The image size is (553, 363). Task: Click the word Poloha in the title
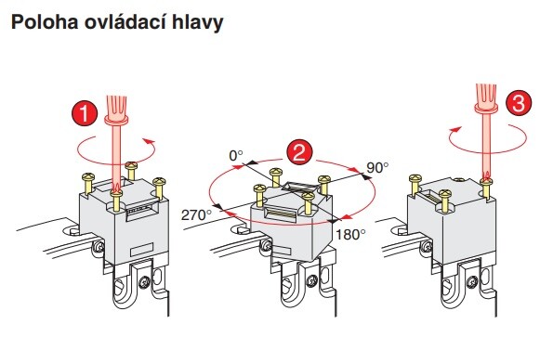(45, 22)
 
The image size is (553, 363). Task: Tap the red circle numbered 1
(85, 113)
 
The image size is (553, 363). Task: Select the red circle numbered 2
(299, 153)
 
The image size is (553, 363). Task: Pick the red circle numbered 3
(519, 103)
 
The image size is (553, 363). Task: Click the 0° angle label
(236, 156)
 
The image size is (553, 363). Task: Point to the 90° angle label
(377, 168)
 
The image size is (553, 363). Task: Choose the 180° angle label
(350, 234)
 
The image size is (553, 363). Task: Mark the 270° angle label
(196, 215)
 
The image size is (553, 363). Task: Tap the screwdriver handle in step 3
(486, 98)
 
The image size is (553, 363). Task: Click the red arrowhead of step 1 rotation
(150, 142)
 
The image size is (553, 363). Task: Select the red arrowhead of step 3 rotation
(455, 130)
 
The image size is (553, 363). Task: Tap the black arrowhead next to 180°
(333, 221)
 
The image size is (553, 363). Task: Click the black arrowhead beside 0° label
(251, 162)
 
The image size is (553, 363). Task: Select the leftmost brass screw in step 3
(415, 185)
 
